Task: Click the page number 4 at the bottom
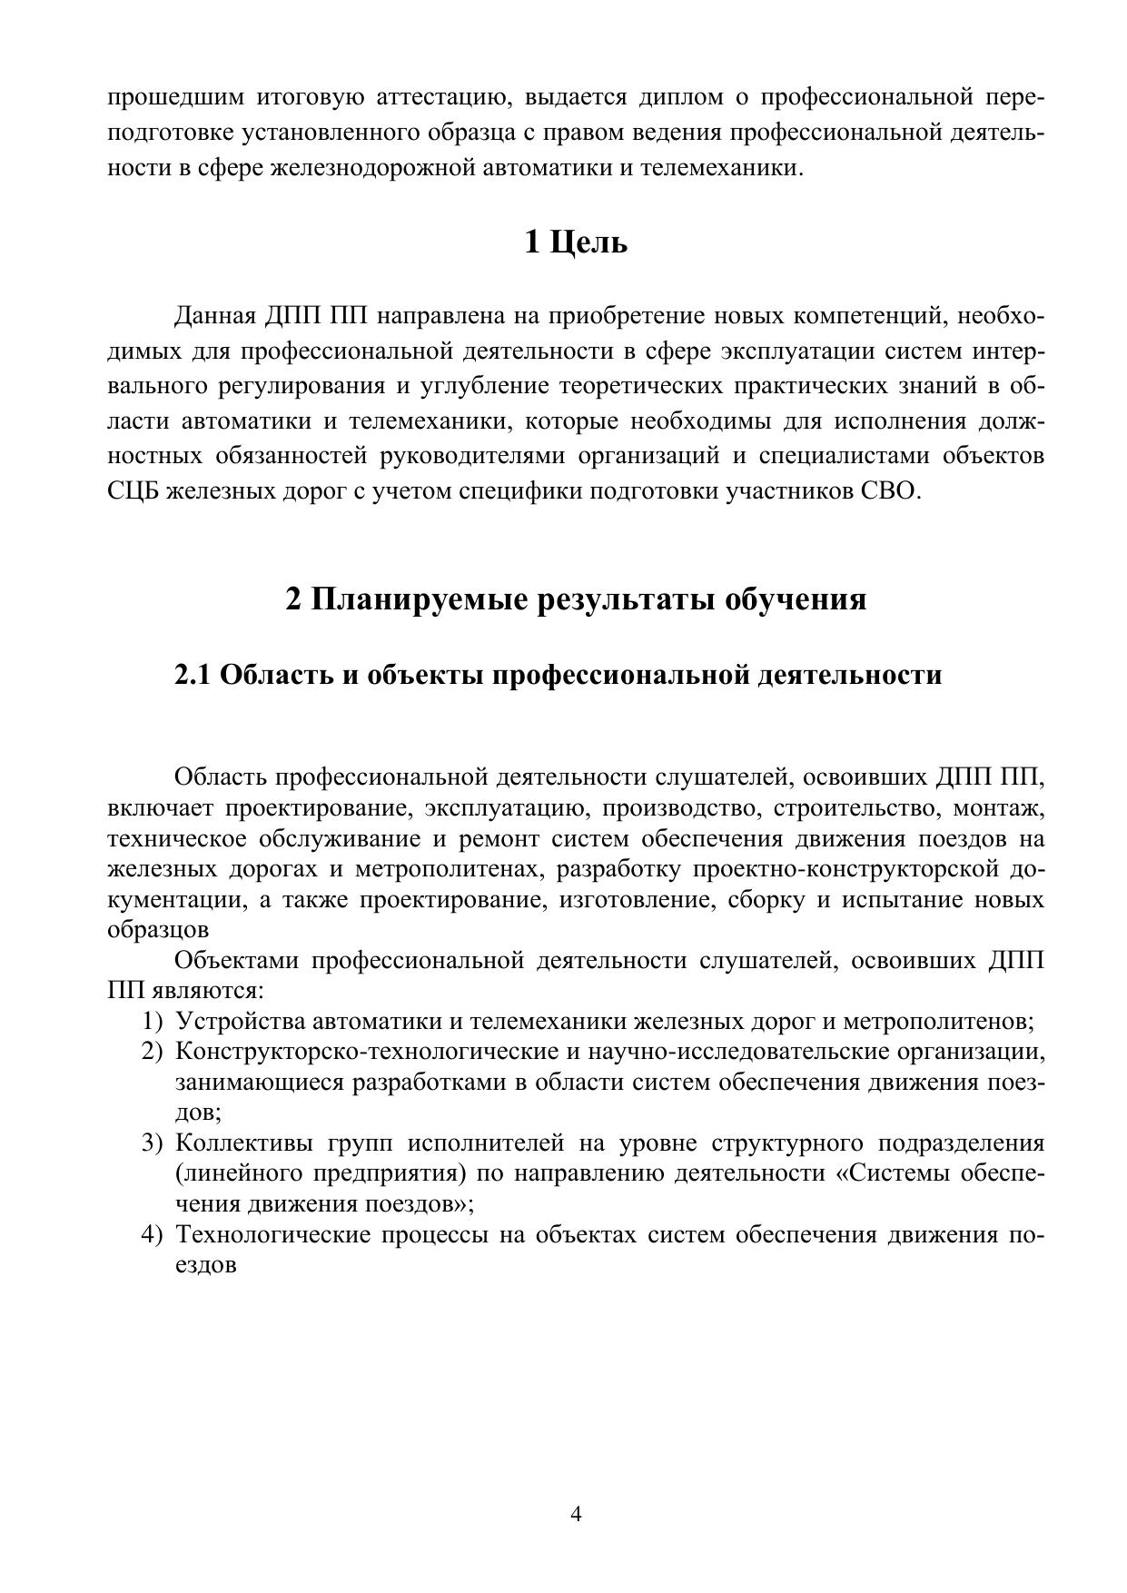576,1514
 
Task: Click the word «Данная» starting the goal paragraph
215,317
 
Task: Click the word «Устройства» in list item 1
240,1021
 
